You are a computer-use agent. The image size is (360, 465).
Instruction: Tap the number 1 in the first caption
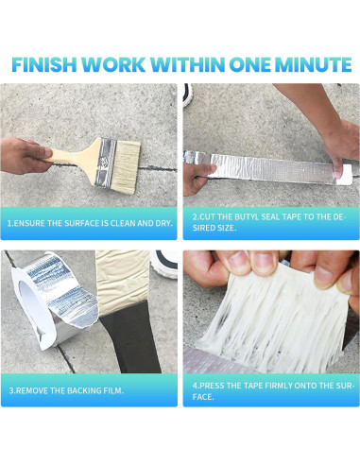click(9, 224)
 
